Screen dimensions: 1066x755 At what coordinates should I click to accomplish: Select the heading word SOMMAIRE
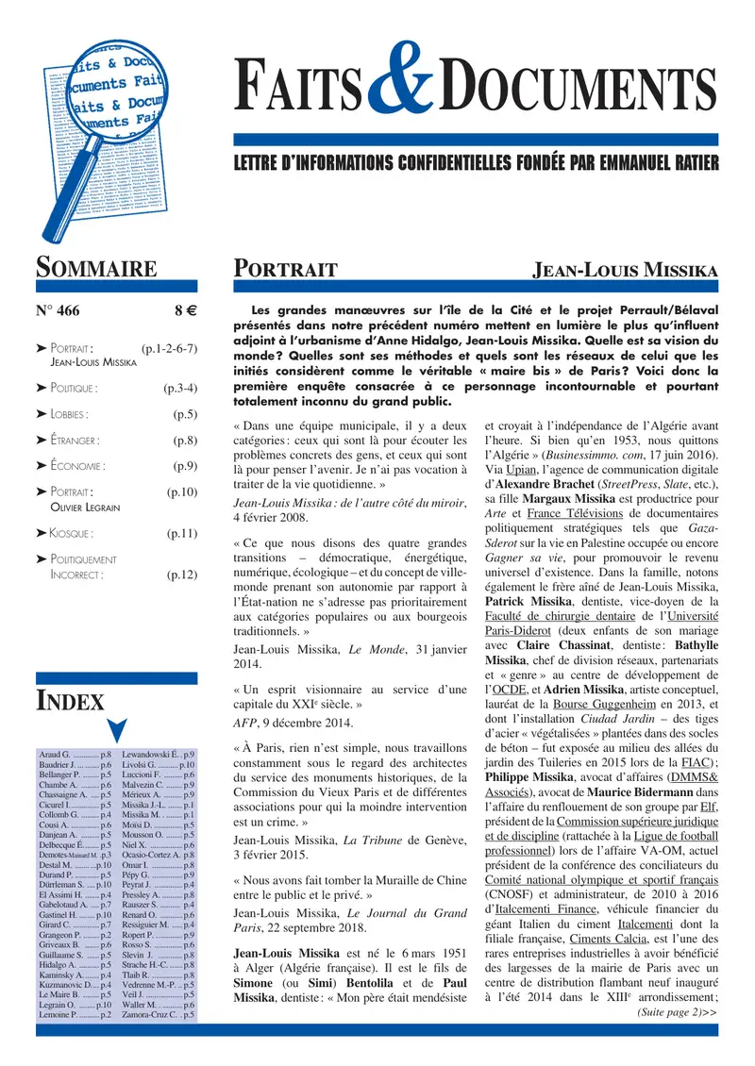point(96,269)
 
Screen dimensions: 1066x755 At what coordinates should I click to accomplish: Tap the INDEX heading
point(70,700)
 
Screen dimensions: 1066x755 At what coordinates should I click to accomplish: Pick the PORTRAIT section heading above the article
point(285,270)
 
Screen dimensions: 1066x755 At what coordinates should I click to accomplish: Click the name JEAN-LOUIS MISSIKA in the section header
point(626,270)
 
